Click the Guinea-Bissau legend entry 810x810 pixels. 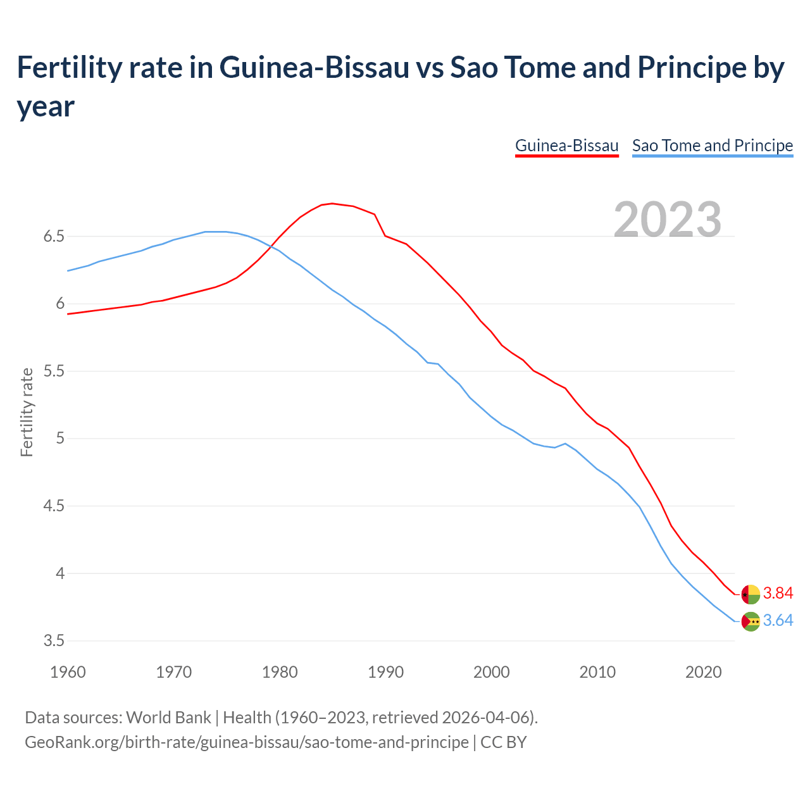coord(566,146)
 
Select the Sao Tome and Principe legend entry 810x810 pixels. coord(712,146)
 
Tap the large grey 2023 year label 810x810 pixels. coord(668,220)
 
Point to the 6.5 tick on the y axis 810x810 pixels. coord(54,237)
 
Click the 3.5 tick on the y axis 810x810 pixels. coord(54,641)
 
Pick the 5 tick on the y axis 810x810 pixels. coord(60,439)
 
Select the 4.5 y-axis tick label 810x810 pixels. coord(54,506)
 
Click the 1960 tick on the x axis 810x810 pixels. coord(68,672)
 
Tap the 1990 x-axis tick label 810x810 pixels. coord(385,672)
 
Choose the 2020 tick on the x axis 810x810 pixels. coord(703,672)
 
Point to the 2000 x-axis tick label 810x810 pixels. coord(491,672)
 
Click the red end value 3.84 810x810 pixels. coord(778,594)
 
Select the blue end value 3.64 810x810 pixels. coord(778,621)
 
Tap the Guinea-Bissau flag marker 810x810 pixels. coord(751,594)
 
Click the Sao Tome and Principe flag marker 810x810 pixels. coord(751,621)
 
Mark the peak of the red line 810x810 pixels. coord(332,203)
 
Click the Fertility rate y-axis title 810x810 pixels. coord(27,412)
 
